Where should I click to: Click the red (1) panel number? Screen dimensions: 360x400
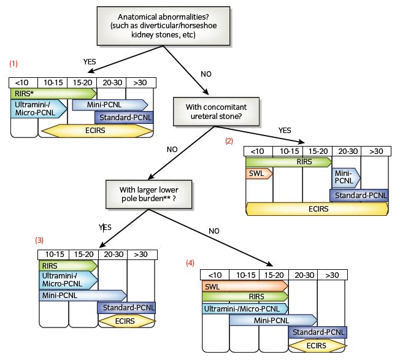point(13,63)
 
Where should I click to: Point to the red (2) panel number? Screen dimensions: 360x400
point(229,140)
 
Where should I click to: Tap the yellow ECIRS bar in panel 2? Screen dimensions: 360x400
point(317,209)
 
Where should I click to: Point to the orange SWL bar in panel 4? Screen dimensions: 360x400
point(244,286)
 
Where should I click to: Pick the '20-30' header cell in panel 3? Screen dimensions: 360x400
point(112,254)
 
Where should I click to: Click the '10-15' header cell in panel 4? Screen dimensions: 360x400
point(244,275)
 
